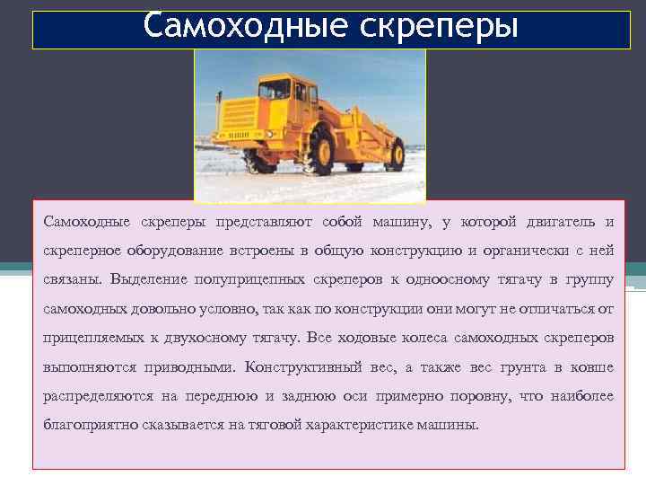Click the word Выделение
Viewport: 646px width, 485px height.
tap(145, 279)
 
